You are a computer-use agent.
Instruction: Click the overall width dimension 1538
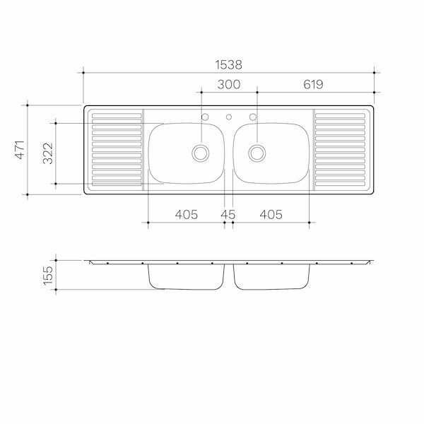click(228, 64)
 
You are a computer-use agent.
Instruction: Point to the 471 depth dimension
click(20, 150)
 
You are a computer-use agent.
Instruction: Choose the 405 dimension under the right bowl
click(270, 214)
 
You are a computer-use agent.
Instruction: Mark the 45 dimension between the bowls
click(228, 214)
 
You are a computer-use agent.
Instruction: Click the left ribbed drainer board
click(117, 151)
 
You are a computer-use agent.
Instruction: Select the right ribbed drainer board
click(340, 151)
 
